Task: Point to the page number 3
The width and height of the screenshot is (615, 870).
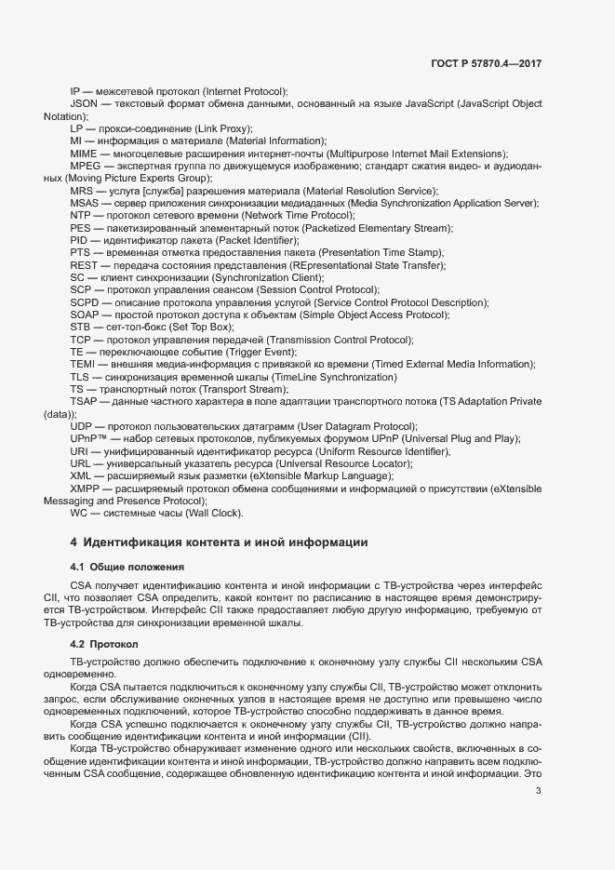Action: click(538, 792)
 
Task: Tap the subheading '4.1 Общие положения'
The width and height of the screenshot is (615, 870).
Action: click(127, 566)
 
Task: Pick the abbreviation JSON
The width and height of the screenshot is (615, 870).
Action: click(85, 104)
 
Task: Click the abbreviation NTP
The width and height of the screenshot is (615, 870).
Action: click(81, 215)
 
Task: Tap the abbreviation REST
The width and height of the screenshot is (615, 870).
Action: click(84, 265)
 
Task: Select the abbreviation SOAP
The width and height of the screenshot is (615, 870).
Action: click(84, 315)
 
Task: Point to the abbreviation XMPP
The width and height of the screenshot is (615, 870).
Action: click(86, 488)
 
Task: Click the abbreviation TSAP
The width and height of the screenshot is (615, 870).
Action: click(84, 401)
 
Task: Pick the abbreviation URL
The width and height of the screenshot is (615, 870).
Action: click(81, 462)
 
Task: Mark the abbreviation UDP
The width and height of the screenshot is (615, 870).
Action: click(82, 425)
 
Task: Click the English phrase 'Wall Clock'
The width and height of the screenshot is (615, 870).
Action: click(211, 513)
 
